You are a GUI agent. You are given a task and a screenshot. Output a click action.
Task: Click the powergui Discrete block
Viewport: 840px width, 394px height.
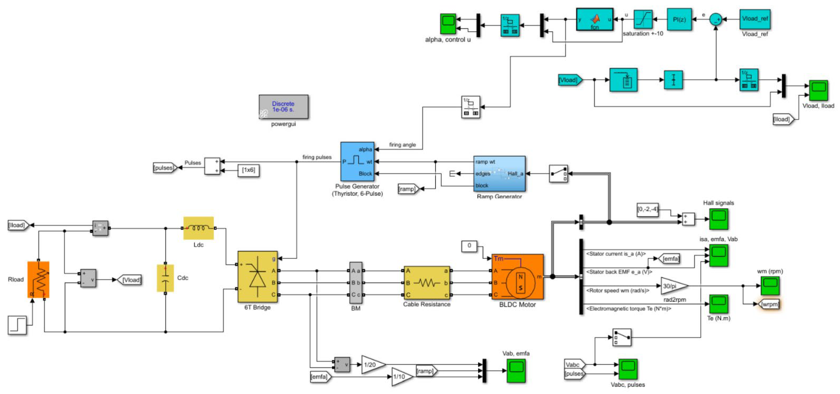pyautogui.click(x=283, y=107)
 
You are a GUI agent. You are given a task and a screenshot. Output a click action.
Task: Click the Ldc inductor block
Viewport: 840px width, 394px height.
pyautogui.click(x=198, y=228)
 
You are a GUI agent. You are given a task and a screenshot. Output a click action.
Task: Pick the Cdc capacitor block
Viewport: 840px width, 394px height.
pyautogui.click(x=165, y=278)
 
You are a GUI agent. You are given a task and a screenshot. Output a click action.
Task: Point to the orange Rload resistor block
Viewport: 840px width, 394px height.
pyautogui.click(x=38, y=279)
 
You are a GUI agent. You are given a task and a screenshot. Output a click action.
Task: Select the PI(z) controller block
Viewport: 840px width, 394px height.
pyautogui.click(x=679, y=20)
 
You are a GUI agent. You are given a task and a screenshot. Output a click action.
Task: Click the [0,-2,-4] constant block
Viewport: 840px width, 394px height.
pyautogui.click(x=647, y=209)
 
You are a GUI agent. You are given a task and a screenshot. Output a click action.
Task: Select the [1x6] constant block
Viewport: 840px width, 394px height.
pyautogui.click(x=249, y=170)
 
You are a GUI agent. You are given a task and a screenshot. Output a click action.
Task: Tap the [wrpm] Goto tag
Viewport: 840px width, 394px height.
pyautogui.click(x=769, y=304)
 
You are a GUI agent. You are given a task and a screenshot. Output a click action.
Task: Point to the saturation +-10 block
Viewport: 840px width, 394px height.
pyautogui.click(x=643, y=20)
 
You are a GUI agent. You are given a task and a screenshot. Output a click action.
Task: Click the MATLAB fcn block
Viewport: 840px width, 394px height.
pyautogui.click(x=594, y=20)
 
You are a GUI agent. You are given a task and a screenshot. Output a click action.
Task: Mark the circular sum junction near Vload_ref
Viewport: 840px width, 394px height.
pyautogui.click(x=716, y=19)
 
